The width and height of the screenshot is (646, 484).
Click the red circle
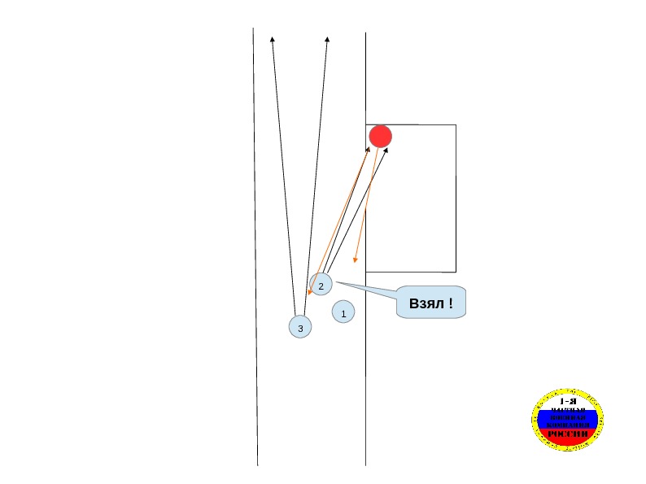380,136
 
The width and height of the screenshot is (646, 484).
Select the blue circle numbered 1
343,312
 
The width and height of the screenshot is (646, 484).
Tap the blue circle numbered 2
321,286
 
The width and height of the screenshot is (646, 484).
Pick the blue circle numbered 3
300,327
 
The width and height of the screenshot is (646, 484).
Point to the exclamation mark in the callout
451,303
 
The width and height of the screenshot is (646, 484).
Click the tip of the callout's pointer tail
335,282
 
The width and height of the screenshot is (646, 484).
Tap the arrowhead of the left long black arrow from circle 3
272,38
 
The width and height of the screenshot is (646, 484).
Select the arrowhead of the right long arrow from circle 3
327,38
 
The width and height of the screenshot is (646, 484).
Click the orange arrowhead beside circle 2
310,292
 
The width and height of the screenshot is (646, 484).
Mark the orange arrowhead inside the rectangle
355,260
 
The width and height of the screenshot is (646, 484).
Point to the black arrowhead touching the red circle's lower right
386,150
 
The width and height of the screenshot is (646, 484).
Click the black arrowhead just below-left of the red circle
368,149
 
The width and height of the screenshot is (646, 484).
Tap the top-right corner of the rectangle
456,124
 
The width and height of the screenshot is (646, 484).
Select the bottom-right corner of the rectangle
456,272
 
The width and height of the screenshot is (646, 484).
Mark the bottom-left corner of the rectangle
366,272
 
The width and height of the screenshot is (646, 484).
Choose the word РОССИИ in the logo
568,434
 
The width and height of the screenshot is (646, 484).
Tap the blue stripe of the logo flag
568,418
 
